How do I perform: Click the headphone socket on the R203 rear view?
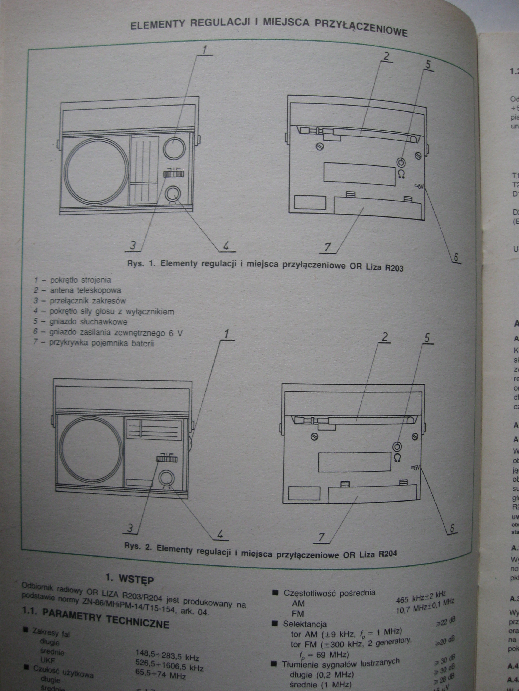(401, 162)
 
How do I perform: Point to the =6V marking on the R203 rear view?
(418, 187)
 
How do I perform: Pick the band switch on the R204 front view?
(167, 459)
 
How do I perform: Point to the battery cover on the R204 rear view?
(372, 494)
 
